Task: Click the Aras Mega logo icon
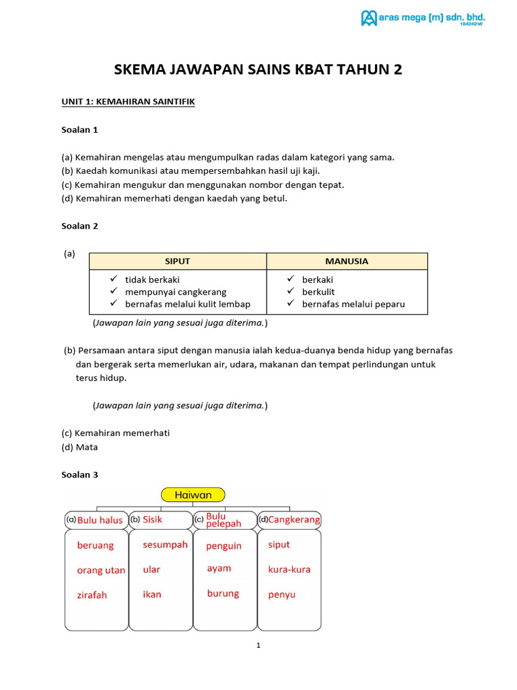(369, 18)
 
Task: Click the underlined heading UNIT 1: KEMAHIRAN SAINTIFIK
(128, 102)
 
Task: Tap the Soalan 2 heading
(79, 226)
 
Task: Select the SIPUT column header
(178, 261)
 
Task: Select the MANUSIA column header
(347, 261)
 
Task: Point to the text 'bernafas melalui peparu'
(353, 304)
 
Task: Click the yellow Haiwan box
(193, 495)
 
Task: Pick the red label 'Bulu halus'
(100, 520)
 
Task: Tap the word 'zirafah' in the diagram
(92, 595)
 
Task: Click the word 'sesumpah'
(165, 544)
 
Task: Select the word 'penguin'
(223, 546)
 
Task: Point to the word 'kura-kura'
(289, 569)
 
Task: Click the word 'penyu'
(281, 594)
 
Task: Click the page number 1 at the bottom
(258, 646)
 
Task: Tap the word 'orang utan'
(101, 570)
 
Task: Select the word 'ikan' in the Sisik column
(152, 594)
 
